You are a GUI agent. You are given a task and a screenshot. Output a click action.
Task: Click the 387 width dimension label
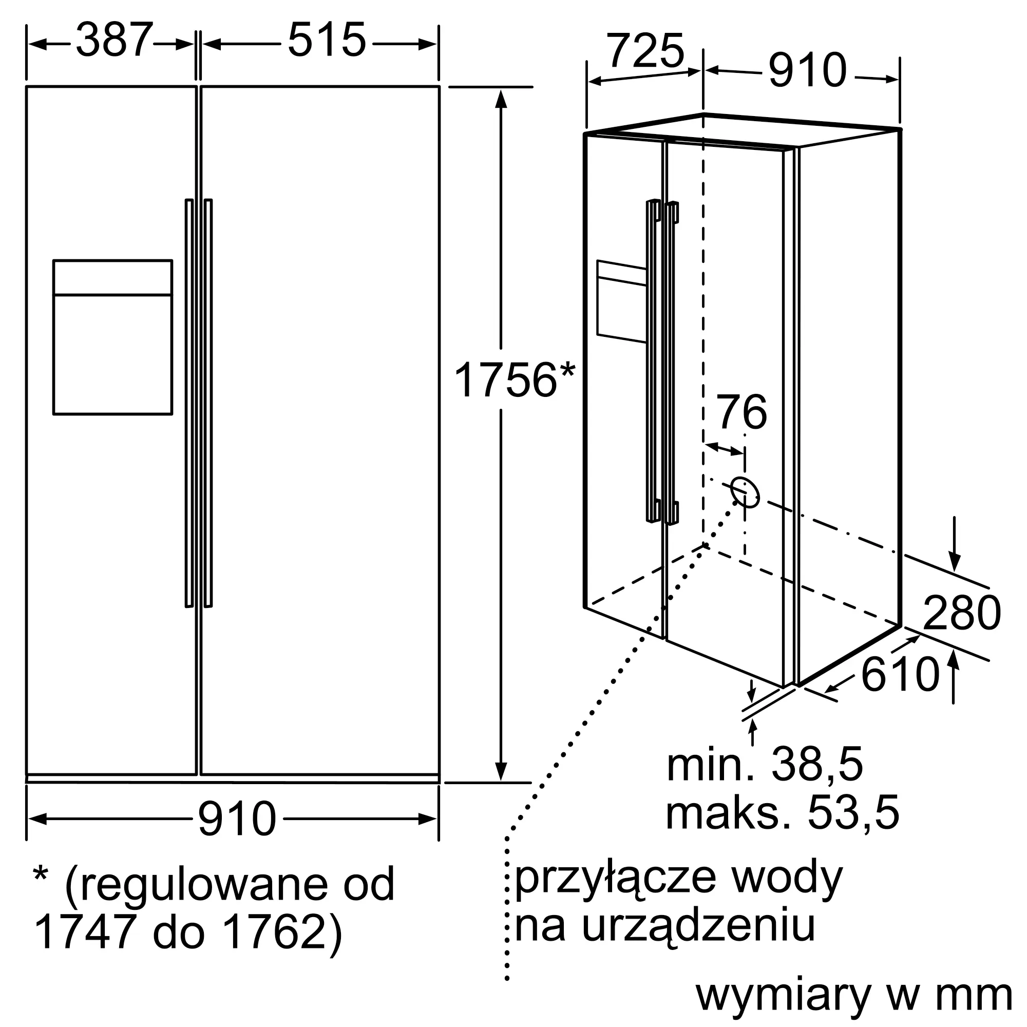coord(115,41)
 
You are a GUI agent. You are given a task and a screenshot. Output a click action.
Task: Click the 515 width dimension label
coord(327,41)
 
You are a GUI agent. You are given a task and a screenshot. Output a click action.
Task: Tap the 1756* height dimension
coord(514,379)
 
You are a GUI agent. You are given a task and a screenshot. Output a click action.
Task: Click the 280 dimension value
coord(962,613)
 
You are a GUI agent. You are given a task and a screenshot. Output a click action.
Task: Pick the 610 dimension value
coord(900,675)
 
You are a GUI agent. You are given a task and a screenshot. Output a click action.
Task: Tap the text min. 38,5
coord(765,765)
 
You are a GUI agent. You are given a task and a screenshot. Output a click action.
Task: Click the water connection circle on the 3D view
coord(745,492)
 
